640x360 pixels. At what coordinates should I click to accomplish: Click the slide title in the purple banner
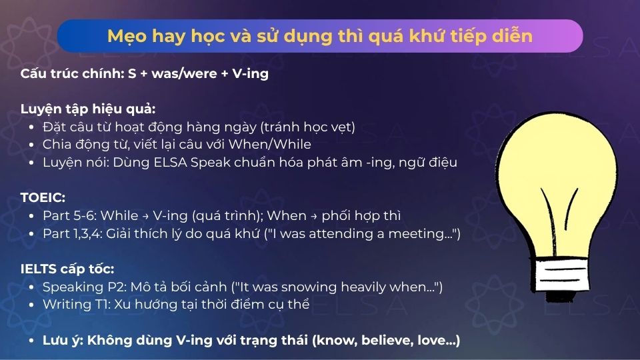320,36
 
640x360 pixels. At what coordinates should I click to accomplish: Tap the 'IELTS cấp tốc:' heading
67,269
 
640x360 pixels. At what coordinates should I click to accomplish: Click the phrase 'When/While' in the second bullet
277,144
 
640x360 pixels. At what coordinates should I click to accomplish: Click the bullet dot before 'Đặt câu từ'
33,127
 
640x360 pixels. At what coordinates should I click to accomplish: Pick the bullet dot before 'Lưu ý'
33,341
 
